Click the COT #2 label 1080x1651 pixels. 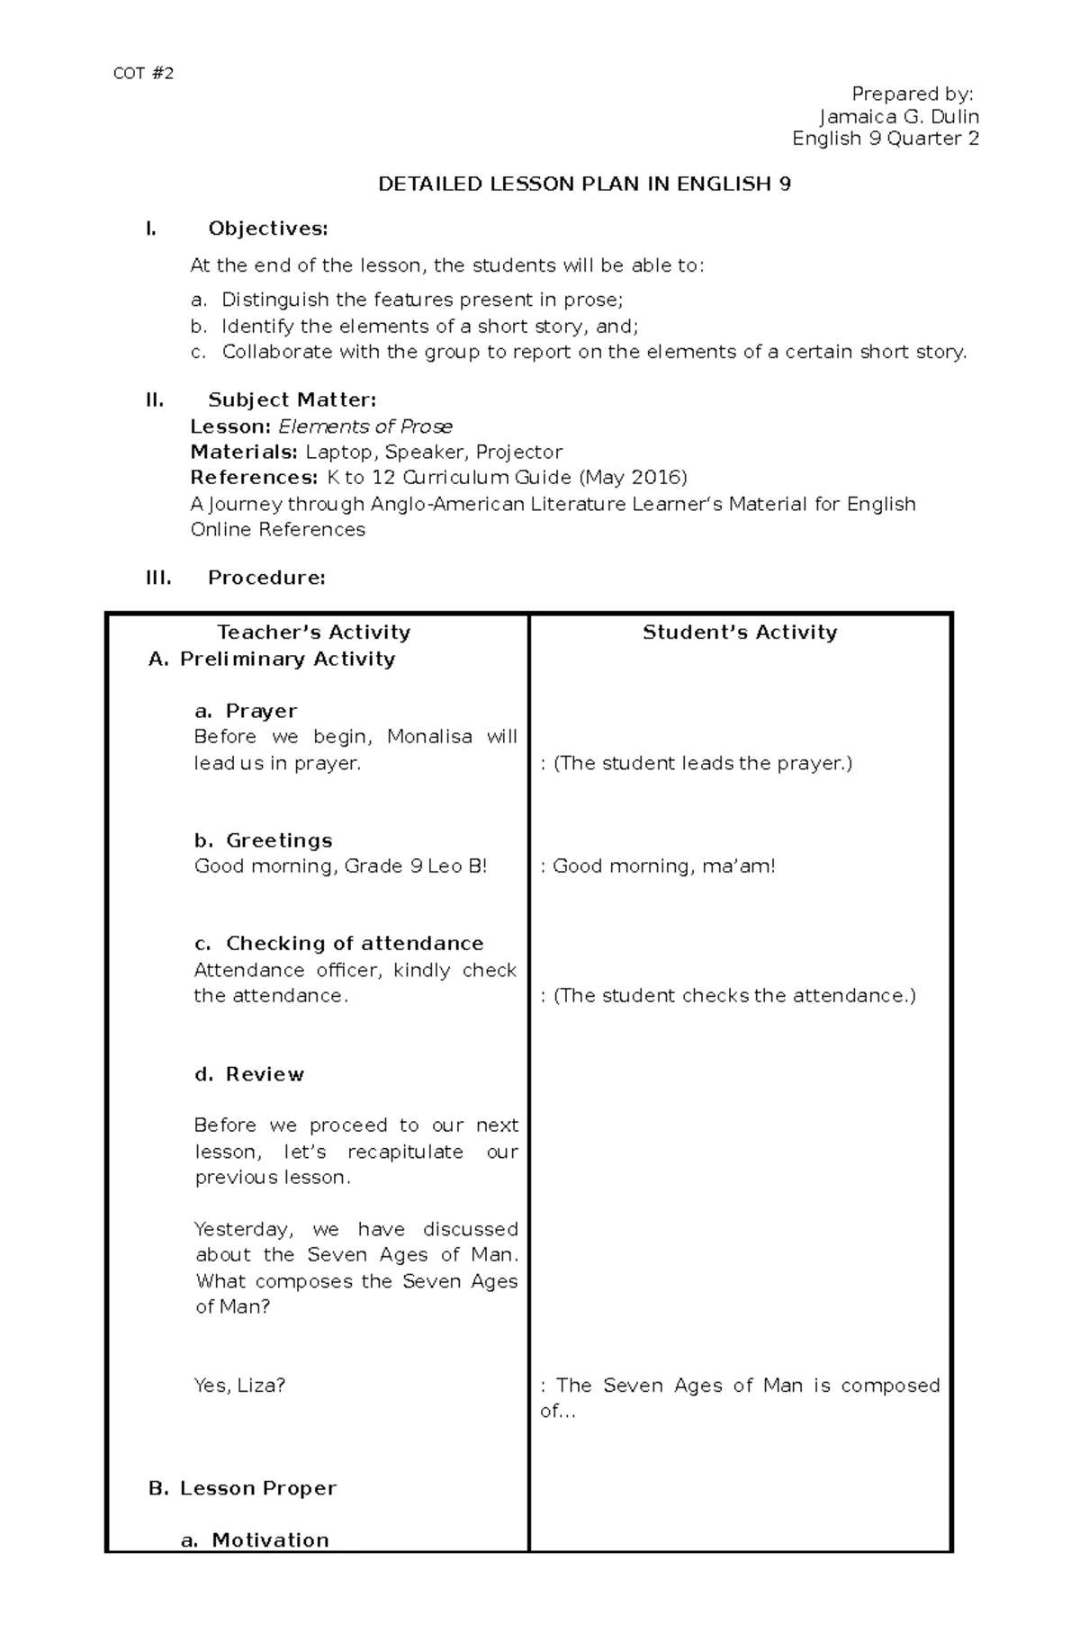pos(143,74)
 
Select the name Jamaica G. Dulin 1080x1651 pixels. pos(898,117)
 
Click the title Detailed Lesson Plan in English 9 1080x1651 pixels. pos(584,184)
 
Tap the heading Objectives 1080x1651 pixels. pos(267,229)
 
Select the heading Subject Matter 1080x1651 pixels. pos(292,399)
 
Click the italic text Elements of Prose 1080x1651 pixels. pos(365,426)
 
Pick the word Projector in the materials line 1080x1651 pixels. pos(519,452)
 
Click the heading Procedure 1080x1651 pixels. pos(266,578)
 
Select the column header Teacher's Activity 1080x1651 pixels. pos(314,633)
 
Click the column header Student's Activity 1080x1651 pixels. pos(740,633)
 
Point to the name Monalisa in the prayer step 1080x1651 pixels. pos(429,737)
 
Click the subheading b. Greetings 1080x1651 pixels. pos(264,840)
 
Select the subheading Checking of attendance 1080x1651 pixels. pos(354,944)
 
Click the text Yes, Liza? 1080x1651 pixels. pos(239,1386)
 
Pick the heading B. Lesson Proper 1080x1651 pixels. pos(242,1488)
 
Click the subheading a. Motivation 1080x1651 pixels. pos(256,1540)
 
